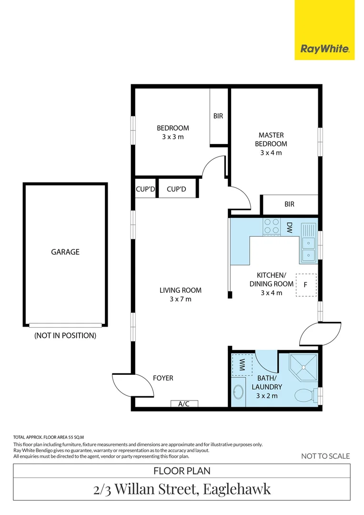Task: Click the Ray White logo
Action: tap(324, 49)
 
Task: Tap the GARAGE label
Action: tap(65, 252)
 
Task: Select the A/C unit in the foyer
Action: tap(184, 404)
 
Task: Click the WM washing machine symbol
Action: tap(242, 366)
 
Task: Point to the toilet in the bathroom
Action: tap(304, 395)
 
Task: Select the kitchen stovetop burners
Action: tap(272, 227)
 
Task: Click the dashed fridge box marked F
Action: tap(305, 285)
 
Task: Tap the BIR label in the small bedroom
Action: tap(218, 116)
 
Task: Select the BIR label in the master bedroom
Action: tap(289, 204)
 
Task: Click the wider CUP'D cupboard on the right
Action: tap(176, 189)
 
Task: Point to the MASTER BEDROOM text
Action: tap(271, 139)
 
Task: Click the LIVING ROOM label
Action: tap(180, 290)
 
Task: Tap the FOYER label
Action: tap(163, 378)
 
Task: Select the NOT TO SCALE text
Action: tap(325, 456)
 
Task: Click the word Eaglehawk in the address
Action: tap(237, 489)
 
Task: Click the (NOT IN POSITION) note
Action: tap(65, 335)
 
